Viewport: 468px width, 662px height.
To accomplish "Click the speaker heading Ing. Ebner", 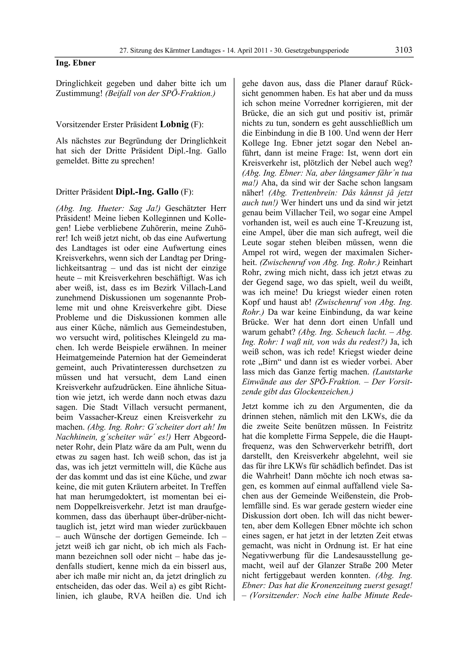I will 76,63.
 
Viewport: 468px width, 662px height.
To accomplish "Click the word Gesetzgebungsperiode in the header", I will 317,51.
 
